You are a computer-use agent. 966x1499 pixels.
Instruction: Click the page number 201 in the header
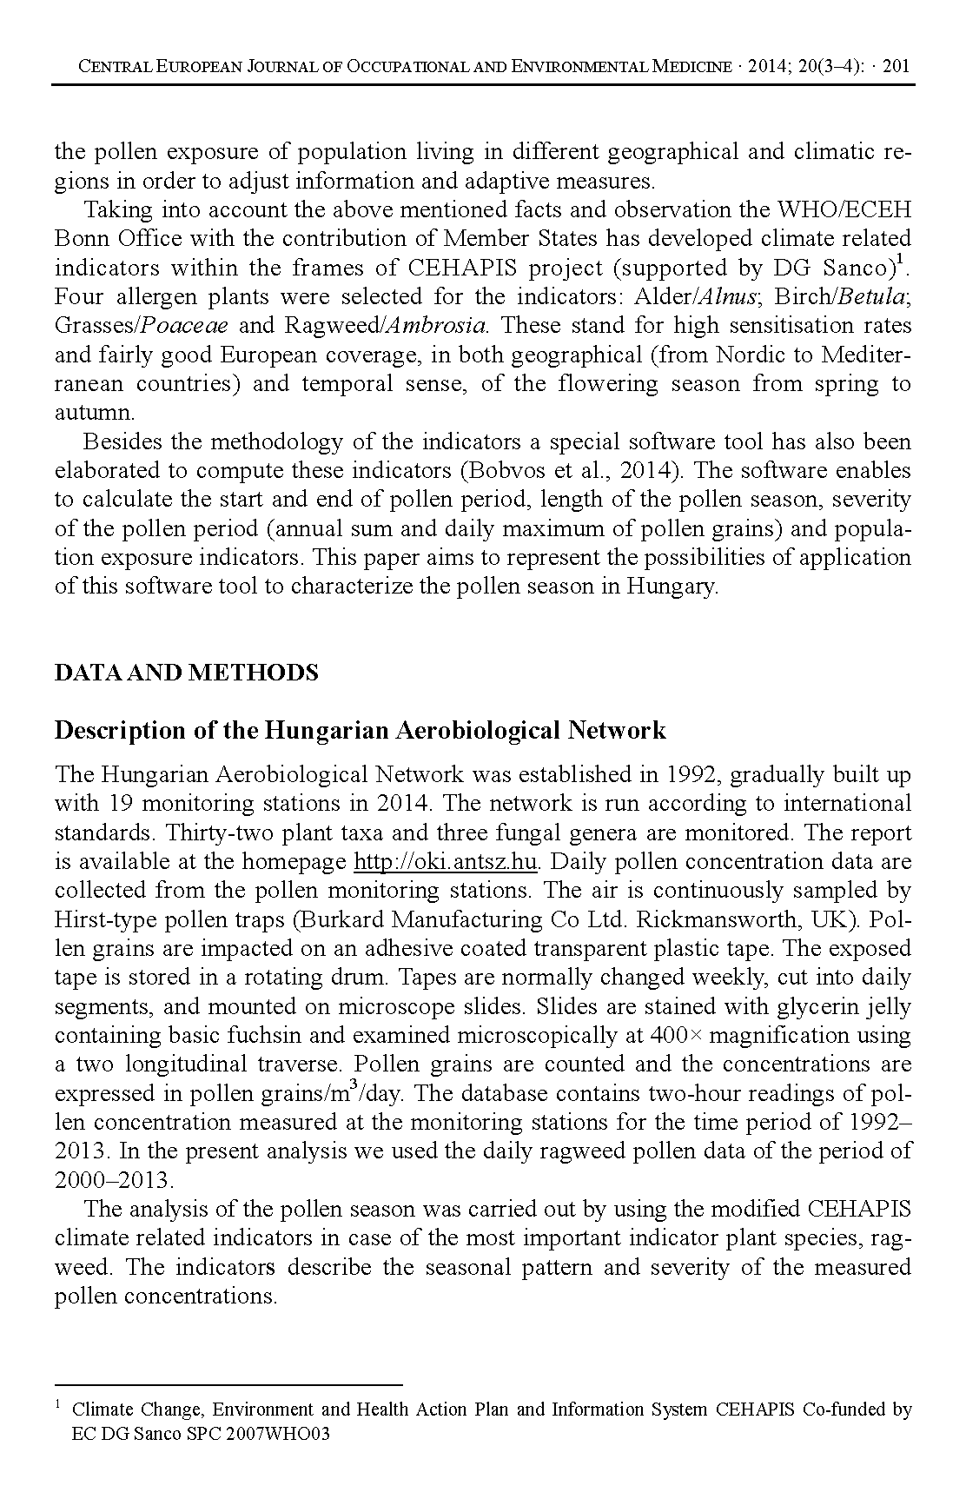895,66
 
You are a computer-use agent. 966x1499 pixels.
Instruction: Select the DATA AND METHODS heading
186,673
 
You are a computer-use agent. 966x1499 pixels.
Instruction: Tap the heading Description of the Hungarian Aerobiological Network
360,730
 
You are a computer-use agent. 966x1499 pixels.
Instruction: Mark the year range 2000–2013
114,1181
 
